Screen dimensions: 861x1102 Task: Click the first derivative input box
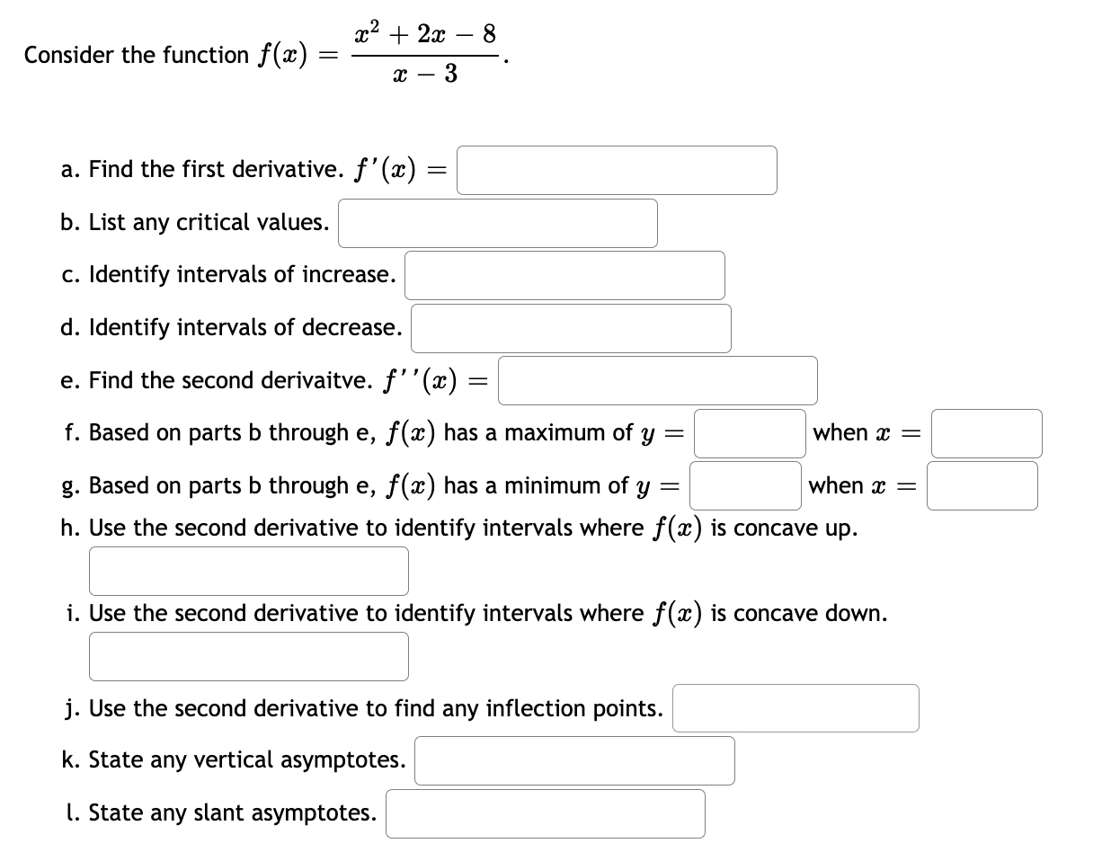617,171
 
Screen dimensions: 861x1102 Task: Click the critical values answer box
497,223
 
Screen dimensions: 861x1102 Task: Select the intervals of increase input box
564,275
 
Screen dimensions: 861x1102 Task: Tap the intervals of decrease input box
571,328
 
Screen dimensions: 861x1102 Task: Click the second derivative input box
658,380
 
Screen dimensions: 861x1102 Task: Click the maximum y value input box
749,433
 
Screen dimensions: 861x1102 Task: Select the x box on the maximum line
986,433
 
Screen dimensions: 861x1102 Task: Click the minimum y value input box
745,485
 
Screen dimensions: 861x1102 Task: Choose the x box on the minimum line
982,485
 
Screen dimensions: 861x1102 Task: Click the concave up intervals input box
248,571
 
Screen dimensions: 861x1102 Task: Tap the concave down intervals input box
248,656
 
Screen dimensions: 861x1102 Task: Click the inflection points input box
795,708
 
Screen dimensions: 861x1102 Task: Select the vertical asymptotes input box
574,760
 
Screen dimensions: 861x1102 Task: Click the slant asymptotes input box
546,813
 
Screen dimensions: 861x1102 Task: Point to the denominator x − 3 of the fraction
425,75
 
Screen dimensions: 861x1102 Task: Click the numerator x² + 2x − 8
425,36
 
